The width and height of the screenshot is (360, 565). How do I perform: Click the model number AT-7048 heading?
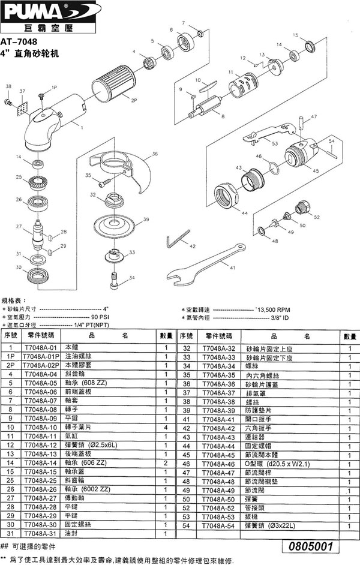coord(19,42)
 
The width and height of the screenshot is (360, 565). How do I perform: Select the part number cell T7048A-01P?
coord(40,356)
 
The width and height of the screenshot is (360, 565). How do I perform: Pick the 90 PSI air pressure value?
coord(99,317)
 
